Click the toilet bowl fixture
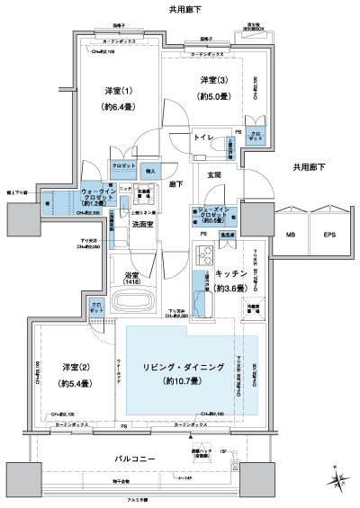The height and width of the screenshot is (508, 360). coord(202,156)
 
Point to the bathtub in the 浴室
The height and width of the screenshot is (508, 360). coord(150,299)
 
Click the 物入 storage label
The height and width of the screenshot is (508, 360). coord(150,169)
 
